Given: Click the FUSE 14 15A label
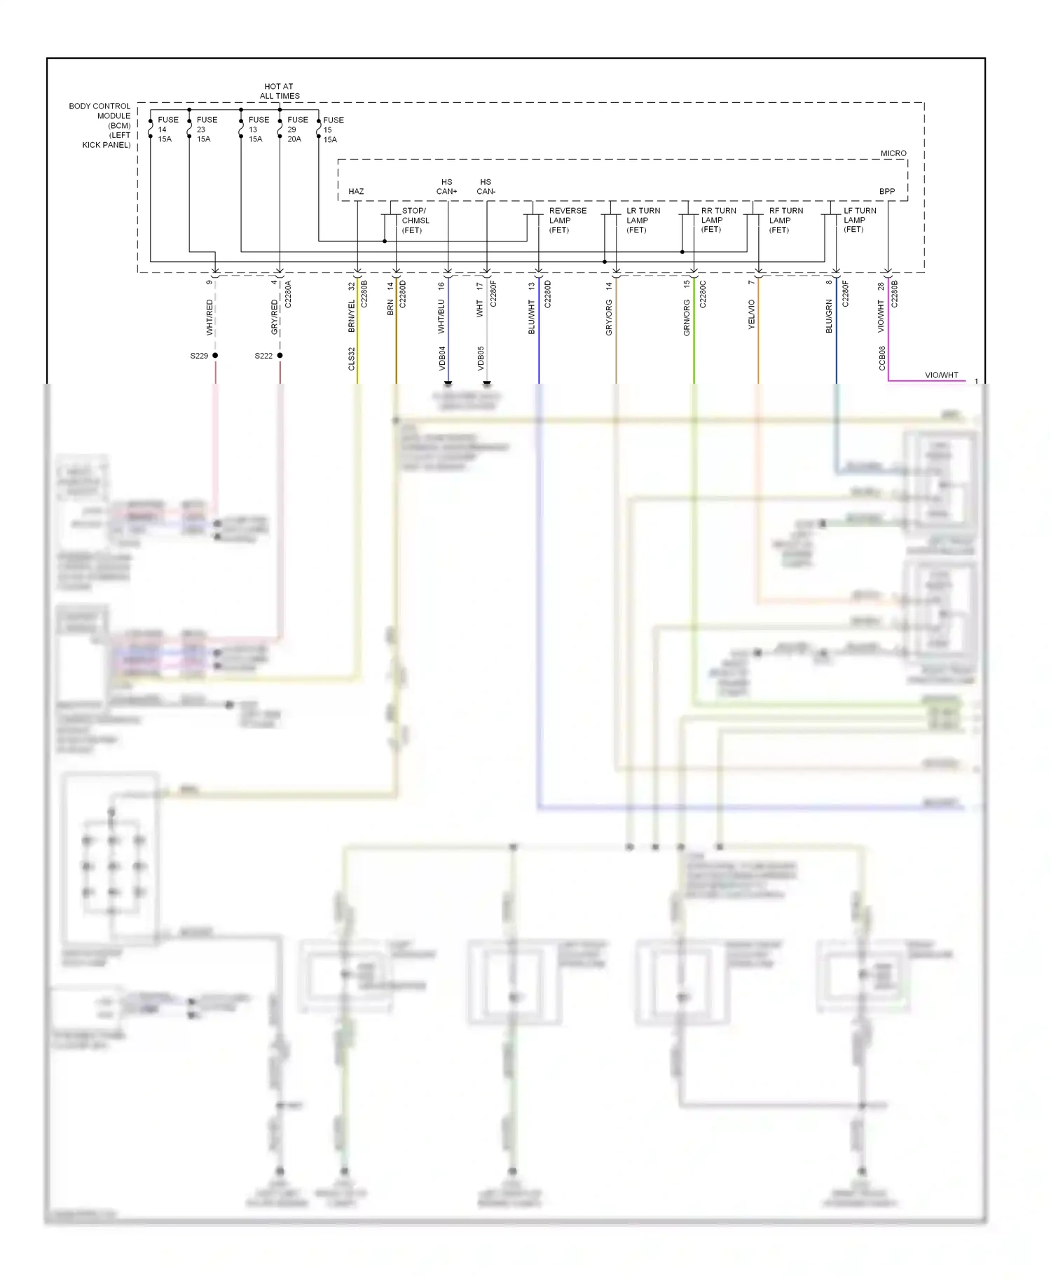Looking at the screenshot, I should click(x=167, y=130).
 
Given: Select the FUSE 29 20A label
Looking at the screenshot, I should click(x=296, y=130).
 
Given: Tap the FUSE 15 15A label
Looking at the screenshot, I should click(x=332, y=130).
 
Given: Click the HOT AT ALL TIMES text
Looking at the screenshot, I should click(x=280, y=91).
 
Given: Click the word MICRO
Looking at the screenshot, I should click(x=893, y=153).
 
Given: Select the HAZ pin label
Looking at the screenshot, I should click(x=356, y=191).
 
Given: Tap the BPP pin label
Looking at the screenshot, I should click(x=886, y=191).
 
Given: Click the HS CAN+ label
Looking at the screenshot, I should click(x=446, y=186).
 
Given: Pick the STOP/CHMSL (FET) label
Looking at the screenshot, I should click(x=415, y=220).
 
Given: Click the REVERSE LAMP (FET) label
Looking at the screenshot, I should click(x=567, y=220).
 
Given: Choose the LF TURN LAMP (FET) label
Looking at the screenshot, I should click(x=859, y=220).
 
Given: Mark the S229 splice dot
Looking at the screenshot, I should click(x=215, y=356).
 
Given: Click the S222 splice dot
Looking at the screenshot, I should click(x=280, y=356).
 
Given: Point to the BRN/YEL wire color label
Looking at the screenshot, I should click(x=352, y=316).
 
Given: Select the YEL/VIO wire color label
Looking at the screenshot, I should click(x=751, y=314).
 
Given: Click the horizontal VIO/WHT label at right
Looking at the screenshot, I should click(x=941, y=375).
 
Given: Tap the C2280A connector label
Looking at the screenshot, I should click(x=288, y=295).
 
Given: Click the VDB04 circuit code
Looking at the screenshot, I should click(x=442, y=358).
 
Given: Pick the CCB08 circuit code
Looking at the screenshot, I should click(x=882, y=358).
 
